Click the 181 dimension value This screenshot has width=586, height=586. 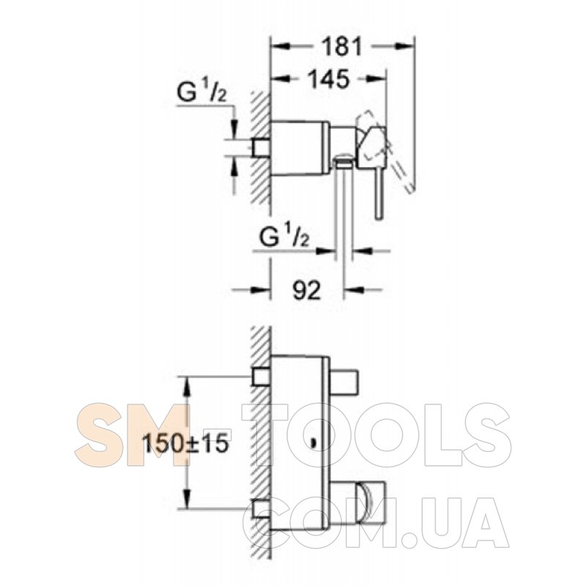pos(343,47)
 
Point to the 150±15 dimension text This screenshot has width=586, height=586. pos(186,444)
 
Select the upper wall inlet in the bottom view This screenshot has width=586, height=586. pos(262,377)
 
